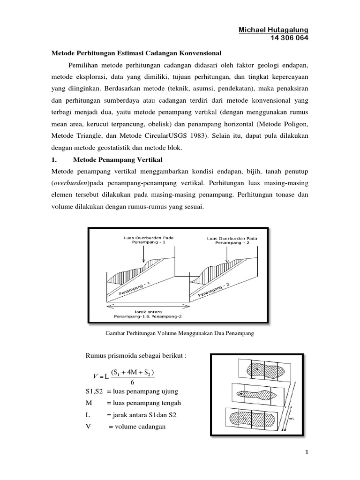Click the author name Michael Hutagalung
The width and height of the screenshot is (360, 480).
click(274, 30)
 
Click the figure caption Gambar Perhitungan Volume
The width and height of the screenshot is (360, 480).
click(180, 333)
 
